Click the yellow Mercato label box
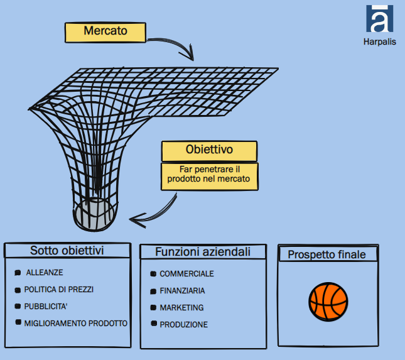click(105, 32)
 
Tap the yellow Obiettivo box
click(209, 151)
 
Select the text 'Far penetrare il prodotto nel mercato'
click(208, 174)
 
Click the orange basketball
click(328, 302)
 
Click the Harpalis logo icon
click(379, 18)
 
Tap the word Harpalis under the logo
click(379, 42)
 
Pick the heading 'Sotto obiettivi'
click(67, 251)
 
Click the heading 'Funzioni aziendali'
click(203, 252)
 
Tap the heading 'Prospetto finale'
click(327, 254)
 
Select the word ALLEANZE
click(45, 273)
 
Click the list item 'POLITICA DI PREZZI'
click(59, 290)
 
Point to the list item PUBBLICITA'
click(46, 307)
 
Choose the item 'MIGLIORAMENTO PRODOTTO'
click(76, 324)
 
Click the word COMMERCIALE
click(186, 274)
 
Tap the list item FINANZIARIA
click(182, 291)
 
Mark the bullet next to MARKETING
click(153, 307)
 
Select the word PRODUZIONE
click(183, 325)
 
